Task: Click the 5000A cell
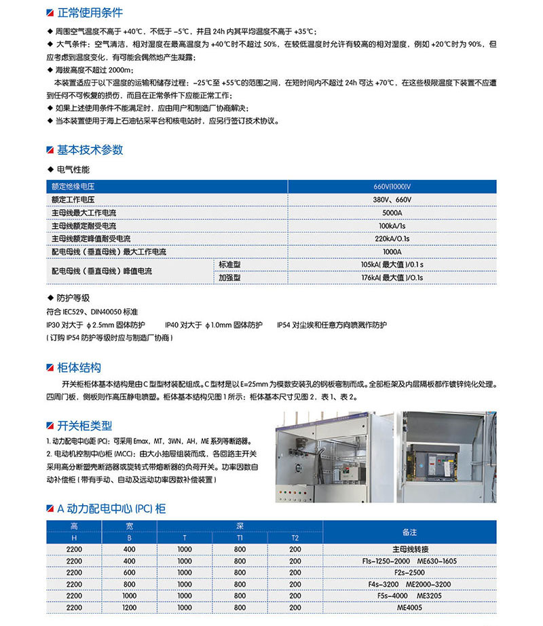[x=392, y=213]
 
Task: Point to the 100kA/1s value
[x=392, y=225]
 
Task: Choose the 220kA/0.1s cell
[x=392, y=238]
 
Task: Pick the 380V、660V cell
[x=392, y=200]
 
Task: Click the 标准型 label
[x=229, y=264]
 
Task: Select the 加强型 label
[x=229, y=277]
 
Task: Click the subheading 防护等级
[x=73, y=297]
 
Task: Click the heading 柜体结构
[x=79, y=367]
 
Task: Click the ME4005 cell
[x=409, y=608]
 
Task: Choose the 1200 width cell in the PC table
[x=129, y=608]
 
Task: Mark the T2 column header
[x=295, y=538]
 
